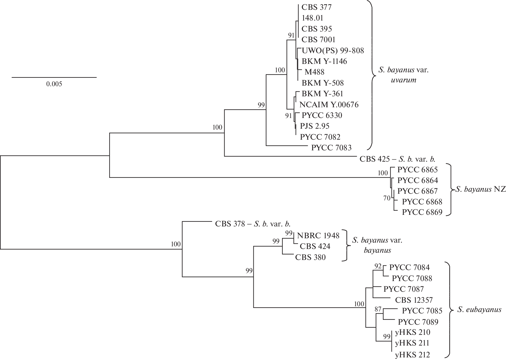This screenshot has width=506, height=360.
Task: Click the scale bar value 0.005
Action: pyautogui.click(x=54, y=84)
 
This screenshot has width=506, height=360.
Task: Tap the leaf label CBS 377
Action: pyautogui.click(x=316, y=7)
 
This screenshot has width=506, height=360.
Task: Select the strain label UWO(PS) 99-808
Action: pyautogui.click(x=333, y=51)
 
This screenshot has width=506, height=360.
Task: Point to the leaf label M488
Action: pyautogui.click(x=314, y=72)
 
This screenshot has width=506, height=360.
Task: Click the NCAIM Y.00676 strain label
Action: pyautogui.click(x=329, y=104)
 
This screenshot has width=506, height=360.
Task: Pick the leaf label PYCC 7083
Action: pyautogui.click(x=331, y=148)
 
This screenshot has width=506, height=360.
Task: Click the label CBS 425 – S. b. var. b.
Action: pyautogui.click(x=397, y=159)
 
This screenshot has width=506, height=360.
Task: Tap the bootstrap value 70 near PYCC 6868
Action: pyautogui.click(x=387, y=198)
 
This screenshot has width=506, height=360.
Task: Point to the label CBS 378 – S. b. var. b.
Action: pyautogui.click(x=253, y=224)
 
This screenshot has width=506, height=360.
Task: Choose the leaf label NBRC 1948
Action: pyautogui.click(x=318, y=235)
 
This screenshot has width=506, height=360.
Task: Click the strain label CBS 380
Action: pyautogui.click(x=310, y=257)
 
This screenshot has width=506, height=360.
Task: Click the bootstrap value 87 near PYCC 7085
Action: pyautogui.click(x=378, y=309)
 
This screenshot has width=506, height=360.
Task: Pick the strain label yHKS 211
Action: pyautogui.click(x=412, y=343)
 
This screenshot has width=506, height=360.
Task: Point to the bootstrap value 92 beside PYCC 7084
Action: pyautogui.click(x=378, y=266)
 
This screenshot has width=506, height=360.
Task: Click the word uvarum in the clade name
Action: pyautogui.click(x=404, y=80)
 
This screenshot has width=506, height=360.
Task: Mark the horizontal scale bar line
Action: pyautogui.click(x=54, y=77)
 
